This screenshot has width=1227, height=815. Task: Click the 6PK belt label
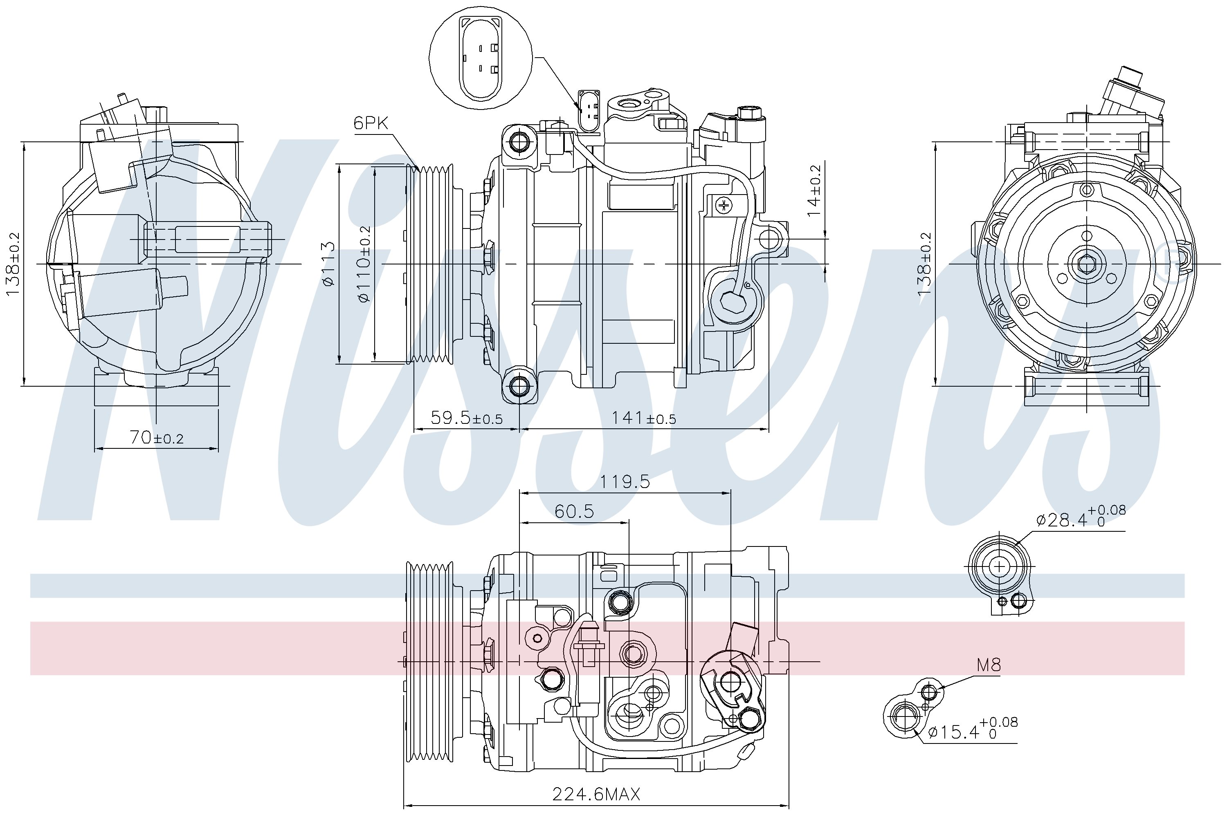tap(371, 123)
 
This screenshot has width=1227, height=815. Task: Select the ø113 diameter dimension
tap(328, 264)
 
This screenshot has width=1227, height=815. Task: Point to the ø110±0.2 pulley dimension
tap(364, 264)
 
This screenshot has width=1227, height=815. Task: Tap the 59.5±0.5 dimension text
tap(467, 417)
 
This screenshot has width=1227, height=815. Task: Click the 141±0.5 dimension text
tap(643, 417)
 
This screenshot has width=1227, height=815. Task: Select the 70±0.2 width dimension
tap(156, 438)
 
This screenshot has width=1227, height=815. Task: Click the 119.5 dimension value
tap(625, 482)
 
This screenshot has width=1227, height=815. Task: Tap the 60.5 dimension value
tap(574, 511)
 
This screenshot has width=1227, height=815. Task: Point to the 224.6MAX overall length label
tap(596, 794)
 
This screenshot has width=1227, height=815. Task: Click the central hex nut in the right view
tap(1086, 264)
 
